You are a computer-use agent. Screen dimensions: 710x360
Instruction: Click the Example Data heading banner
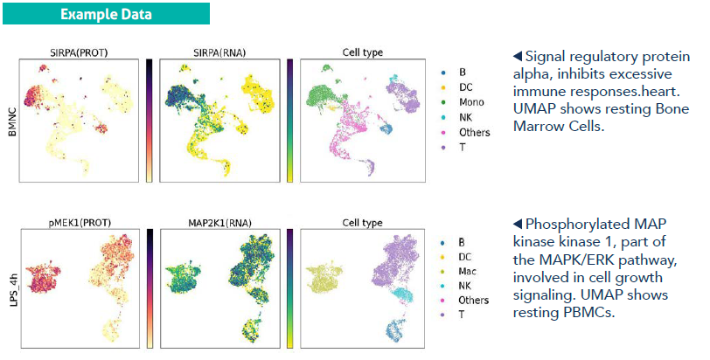click(106, 14)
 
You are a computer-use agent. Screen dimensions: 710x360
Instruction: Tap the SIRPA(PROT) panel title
click(79, 52)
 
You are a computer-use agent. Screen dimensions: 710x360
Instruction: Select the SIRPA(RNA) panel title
click(219, 52)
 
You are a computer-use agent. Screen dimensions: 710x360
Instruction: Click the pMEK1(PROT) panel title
click(80, 223)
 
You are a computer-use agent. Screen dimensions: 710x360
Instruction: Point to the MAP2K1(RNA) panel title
click(220, 223)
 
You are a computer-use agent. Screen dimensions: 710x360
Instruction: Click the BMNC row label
click(12, 121)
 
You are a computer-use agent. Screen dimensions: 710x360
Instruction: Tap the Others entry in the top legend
click(465, 133)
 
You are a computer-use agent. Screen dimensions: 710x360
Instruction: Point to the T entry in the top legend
click(453, 148)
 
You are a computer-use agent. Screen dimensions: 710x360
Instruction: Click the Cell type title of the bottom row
click(363, 223)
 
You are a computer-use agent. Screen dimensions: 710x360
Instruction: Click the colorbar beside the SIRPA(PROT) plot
click(149, 121)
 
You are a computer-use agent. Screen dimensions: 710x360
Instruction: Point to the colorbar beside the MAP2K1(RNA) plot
click(289, 288)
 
